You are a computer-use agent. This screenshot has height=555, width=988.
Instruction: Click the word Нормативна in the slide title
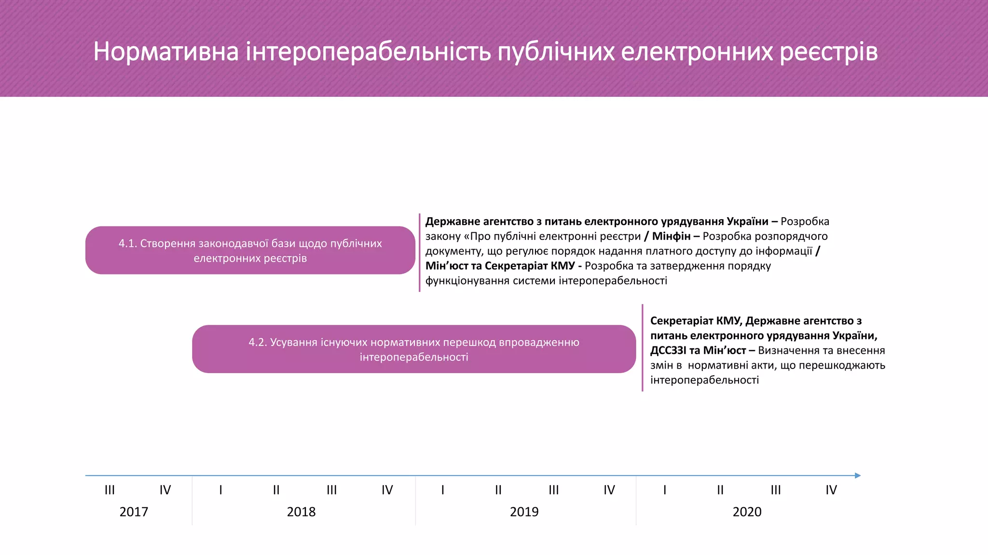165,52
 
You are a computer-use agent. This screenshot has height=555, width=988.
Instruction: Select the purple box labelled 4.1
250,251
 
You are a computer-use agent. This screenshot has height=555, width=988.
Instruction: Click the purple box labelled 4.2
414,349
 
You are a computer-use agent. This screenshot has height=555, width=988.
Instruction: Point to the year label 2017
134,512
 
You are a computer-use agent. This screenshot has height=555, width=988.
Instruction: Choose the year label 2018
301,512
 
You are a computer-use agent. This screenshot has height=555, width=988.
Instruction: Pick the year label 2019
524,512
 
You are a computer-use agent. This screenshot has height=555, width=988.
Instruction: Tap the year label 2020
747,512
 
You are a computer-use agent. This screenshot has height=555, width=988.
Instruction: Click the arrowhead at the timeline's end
858,476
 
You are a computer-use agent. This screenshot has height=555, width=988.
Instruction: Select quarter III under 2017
110,490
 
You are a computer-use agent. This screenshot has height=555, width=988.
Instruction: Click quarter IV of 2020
831,490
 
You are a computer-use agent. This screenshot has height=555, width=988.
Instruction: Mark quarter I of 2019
442,490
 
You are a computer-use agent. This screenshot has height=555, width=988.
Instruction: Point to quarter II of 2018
276,490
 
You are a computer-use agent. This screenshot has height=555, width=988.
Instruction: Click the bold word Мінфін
671,236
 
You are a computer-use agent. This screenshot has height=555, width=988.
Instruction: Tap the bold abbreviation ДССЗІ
668,350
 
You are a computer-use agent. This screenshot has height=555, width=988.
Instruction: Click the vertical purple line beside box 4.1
420,252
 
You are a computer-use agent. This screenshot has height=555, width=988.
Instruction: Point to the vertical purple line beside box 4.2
643,348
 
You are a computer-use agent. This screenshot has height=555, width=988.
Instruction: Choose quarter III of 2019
553,490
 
